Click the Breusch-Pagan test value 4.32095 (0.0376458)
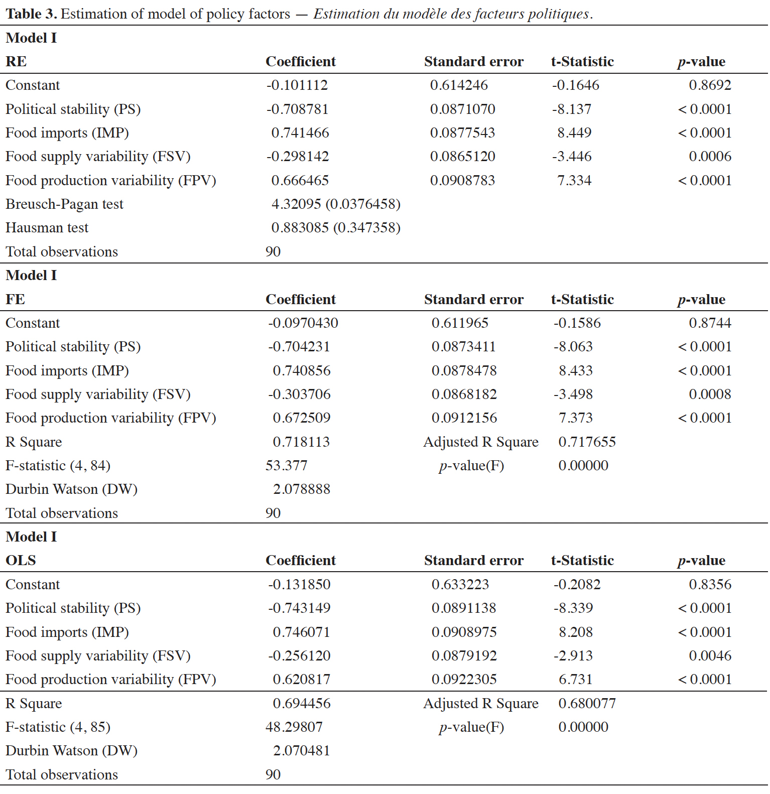tap(336, 204)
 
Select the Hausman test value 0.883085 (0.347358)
tap(336, 228)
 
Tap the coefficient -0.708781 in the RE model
tap(297, 109)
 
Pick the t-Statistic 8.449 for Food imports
tap(574, 133)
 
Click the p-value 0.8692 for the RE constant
tap(710, 85)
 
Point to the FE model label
tap(15, 299)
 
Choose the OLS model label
tap(21, 561)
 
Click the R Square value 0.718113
tap(301, 442)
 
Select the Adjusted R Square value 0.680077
tap(587, 703)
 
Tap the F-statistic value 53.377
tap(286, 465)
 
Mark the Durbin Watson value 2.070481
tap(301, 750)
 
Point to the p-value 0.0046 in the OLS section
tap(710, 655)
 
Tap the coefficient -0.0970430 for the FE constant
tap(303, 323)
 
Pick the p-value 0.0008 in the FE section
tap(710, 394)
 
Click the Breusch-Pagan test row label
tap(64, 204)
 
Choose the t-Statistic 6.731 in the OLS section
tap(576, 679)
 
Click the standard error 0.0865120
tap(462, 157)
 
